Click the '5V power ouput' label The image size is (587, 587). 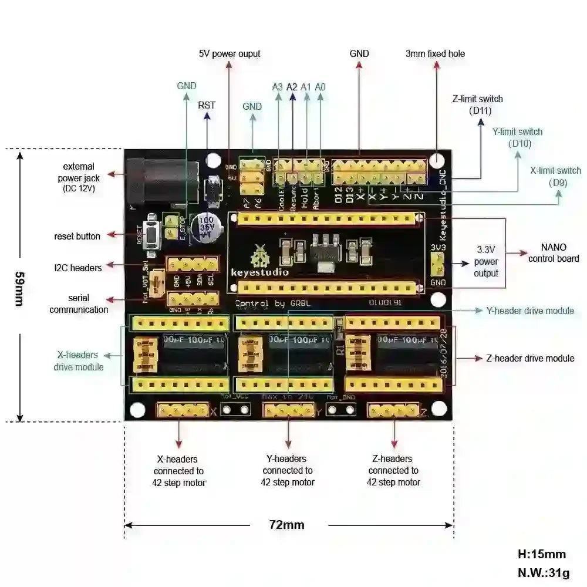click(x=229, y=53)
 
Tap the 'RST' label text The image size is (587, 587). click(x=207, y=105)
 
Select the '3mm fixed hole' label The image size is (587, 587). click(x=435, y=53)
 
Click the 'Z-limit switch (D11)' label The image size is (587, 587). click(x=477, y=104)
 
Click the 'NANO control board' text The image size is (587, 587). click(x=553, y=252)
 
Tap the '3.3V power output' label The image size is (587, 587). click(x=486, y=261)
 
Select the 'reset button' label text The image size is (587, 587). click(x=77, y=236)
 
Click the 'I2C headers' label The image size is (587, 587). click(x=77, y=268)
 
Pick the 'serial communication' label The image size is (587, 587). click(x=79, y=303)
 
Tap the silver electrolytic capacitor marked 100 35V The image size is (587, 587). click(x=208, y=225)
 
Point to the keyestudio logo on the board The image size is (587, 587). click(x=258, y=261)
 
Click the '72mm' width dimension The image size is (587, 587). click(x=286, y=524)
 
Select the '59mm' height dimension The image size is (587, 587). click(x=20, y=288)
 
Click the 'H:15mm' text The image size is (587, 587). click(x=541, y=554)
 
